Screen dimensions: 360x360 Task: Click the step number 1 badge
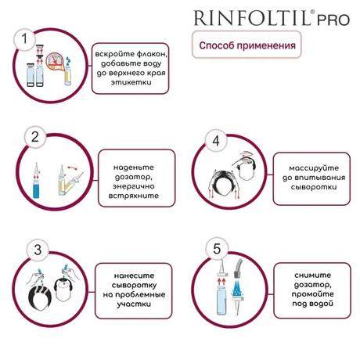point(24,39)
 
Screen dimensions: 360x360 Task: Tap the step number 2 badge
point(34,137)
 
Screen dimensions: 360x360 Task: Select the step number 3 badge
point(38,250)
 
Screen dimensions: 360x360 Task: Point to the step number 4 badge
point(216,141)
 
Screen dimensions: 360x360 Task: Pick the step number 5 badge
point(217,249)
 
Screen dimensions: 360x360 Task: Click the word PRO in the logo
point(333,20)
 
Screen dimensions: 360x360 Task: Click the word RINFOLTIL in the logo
point(252,18)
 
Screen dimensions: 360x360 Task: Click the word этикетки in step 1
point(131,82)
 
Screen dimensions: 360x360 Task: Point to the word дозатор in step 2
point(133,178)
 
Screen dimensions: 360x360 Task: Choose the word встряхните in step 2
point(133,196)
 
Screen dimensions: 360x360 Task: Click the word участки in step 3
point(134,304)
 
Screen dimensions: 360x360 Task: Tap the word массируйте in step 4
point(314,168)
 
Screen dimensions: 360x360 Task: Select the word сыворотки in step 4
point(314,187)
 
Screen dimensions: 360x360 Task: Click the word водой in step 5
point(322,304)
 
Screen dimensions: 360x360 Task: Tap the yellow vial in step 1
point(68,76)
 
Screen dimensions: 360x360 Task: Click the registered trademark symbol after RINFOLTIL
point(312,12)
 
